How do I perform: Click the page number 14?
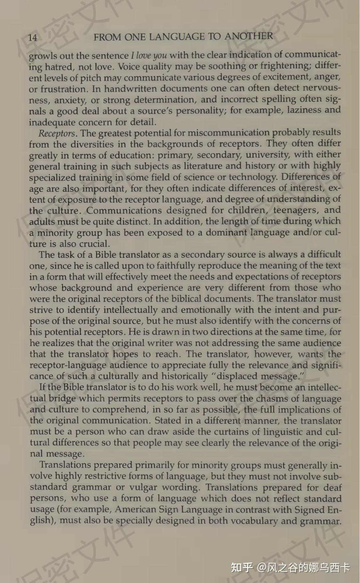(33, 38)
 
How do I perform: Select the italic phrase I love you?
(149, 56)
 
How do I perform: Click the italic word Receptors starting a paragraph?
(57, 133)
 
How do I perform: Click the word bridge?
(61, 399)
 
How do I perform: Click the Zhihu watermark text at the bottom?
(290, 567)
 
